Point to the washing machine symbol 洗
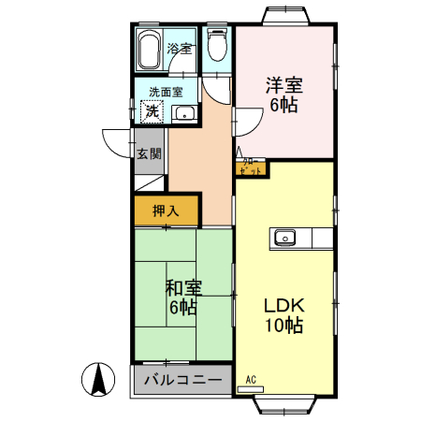click(x=150, y=111)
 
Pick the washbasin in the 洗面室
click(x=184, y=114)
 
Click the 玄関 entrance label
click(x=148, y=153)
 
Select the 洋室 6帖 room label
click(x=283, y=94)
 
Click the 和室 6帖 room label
click(x=181, y=297)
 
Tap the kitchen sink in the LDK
click(x=284, y=237)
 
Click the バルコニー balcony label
click(x=182, y=381)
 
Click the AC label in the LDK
click(x=250, y=379)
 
